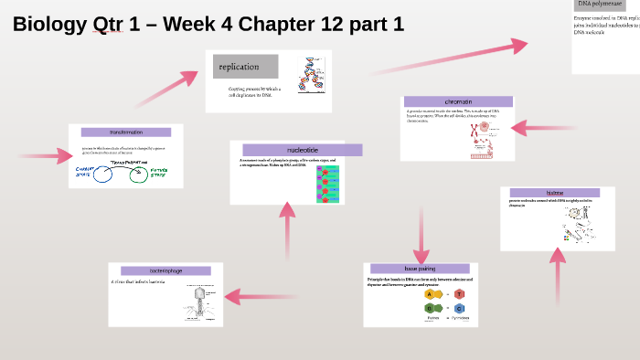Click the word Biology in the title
46,25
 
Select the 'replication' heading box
245,66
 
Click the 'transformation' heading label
126,132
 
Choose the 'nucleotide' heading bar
302,150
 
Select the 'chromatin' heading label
457,101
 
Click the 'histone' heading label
555,194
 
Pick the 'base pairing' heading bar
420,269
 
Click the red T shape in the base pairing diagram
459,293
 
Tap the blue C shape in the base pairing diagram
459,309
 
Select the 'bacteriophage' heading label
165,270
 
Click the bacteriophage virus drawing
203,302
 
